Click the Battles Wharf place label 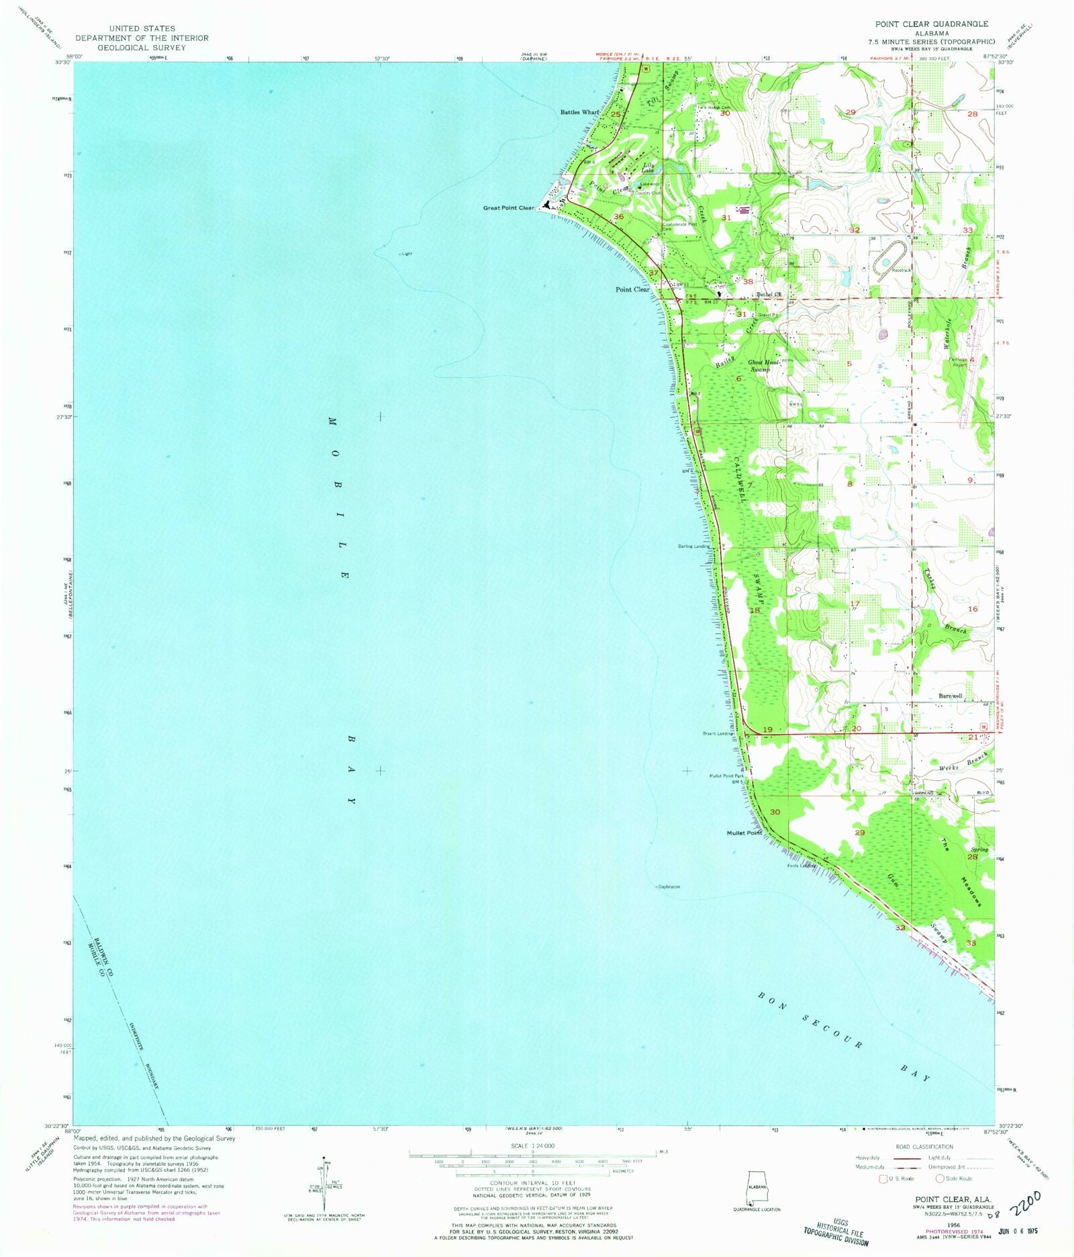(x=579, y=112)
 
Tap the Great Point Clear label (x=508, y=208)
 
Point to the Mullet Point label (x=744, y=833)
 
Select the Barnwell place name (x=950, y=696)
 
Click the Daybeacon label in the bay (x=669, y=887)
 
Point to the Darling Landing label (x=693, y=547)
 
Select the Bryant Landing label (x=716, y=734)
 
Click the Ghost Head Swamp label (x=763, y=366)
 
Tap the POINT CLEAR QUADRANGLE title (x=931, y=24)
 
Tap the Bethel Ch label (x=769, y=294)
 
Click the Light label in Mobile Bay (x=405, y=254)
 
